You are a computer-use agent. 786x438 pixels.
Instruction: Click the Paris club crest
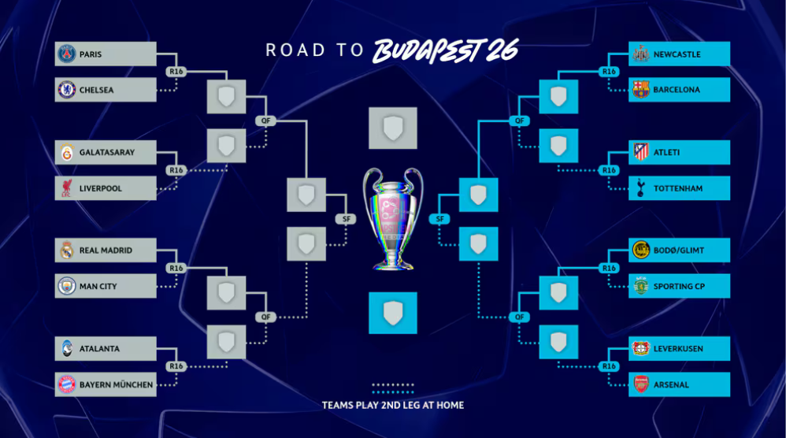click(x=67, y=54)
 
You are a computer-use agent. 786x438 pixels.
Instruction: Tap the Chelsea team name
click(x=96, y=90)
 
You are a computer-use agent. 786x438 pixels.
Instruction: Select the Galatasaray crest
click(x=67, y=153)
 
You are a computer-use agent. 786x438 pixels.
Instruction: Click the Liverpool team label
click(x=101, y=189)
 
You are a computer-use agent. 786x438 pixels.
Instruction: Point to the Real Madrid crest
click(x=67, y=251)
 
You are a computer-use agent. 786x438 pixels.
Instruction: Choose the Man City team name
click(x=98, y=287)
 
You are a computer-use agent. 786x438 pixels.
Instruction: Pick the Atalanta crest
click(x=67, y=348)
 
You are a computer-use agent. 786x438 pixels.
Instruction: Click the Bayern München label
click(x=116, y=384)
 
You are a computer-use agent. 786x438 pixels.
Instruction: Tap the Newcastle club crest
click(x=640, y=54)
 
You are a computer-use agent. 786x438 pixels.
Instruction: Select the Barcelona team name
click(x=677, y=90)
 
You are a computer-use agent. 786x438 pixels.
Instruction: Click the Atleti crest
click(x=640, y=153)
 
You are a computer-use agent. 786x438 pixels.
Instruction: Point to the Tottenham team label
click(x=677, y=189)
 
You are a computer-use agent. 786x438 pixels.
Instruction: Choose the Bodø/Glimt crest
click(x=640, y=251)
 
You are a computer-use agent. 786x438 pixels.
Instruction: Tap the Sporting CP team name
click(x=678, y=287)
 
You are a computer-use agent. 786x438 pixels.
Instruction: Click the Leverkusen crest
click(x=640, y=348)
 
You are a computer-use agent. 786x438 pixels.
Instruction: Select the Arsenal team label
click(x=671, y=384)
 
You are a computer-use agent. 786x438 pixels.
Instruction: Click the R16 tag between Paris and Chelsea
click(x=176, y=72)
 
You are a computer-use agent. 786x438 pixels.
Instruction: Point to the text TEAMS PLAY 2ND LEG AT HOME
click(x=392, y=406)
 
